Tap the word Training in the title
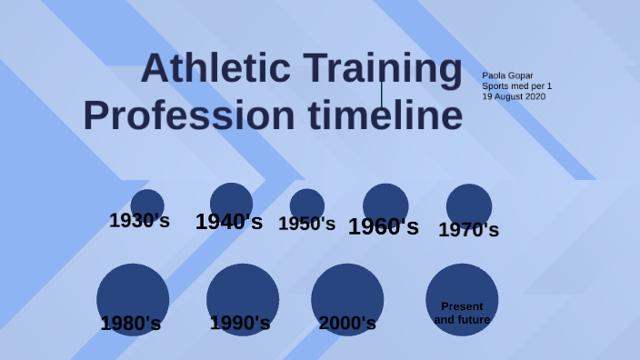point(382,70)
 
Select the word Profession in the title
point(189,116)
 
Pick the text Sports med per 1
point(516,86)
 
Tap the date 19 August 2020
point(514,96)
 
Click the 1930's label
point(139,220)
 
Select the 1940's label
point(229,221)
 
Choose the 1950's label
point(306,224)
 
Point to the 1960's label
point(383,226)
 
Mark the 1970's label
point(468,230)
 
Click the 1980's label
point(131,323)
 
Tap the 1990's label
point(240,323)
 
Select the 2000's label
point(347,323)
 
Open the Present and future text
point(462,313)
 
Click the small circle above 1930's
point(147,202)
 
